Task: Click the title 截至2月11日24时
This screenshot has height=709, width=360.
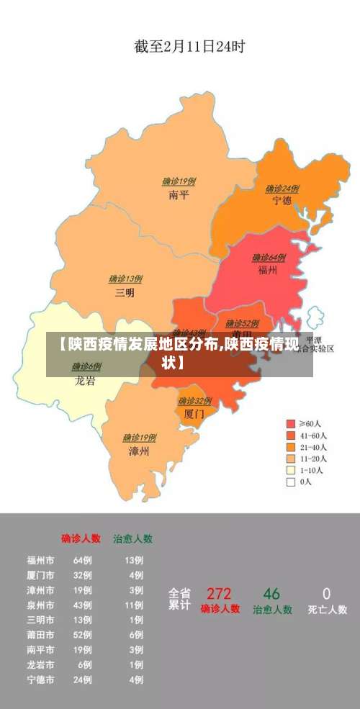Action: pos(189,47)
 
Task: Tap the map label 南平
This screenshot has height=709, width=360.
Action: pos(179,194)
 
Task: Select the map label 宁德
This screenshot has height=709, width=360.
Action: pos(282,201)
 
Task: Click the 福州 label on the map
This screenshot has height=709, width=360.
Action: pos(268,270)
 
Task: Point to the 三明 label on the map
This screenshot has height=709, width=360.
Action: pos(125,292)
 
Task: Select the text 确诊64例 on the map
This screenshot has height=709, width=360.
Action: pos(269,258)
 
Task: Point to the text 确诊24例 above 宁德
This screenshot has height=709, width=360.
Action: pos(282,189)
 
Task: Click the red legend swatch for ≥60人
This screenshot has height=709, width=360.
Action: pos(291,424)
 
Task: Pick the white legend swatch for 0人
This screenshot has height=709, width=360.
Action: pos(291,482)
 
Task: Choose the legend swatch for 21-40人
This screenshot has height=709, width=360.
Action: pos(291,447)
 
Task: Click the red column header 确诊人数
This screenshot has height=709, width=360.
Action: pos(81,538)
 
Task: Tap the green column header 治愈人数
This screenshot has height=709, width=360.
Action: pos(132,538)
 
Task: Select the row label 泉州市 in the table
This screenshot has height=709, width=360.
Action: pos(40,605)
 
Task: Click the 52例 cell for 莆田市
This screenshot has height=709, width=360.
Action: pos(83,635)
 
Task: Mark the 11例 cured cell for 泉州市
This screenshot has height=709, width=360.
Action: pos(134,605)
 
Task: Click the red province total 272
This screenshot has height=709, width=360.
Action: pos(219,594)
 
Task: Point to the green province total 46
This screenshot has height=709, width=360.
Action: pos(271,594)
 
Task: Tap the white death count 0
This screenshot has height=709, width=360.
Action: pos(326,594)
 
